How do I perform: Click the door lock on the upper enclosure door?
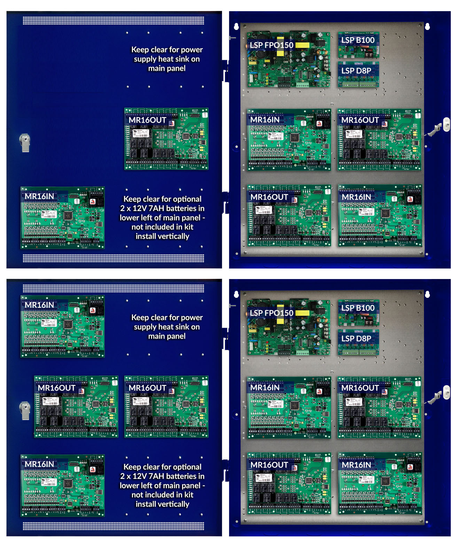click(25, 142)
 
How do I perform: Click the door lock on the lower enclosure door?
click(25, 410)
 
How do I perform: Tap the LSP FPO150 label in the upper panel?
click(272, 45)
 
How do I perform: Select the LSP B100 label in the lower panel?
click(357, 308)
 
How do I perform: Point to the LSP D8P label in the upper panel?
click(356, 71)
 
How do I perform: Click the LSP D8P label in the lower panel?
click(356, 339)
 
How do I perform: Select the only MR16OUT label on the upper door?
click(147, 120)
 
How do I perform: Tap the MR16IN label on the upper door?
click(39, 196)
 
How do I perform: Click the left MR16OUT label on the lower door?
click(56, 388)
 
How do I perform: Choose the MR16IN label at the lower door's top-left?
click(39, 305)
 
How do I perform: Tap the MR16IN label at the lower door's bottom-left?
click(39, 464)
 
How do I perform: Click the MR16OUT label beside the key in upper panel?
click(360, 120)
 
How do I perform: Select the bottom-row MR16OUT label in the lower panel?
click(269, 465)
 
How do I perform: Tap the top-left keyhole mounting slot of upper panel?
click(236, 26)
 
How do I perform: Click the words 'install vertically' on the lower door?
click(162, 504)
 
